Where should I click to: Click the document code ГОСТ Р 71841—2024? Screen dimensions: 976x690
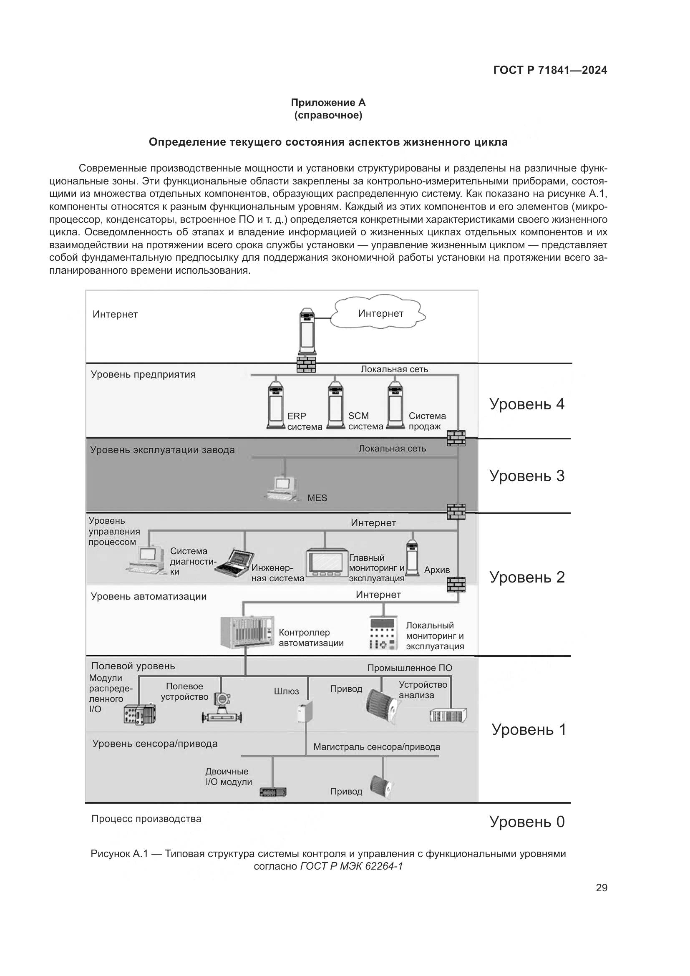(550, 71)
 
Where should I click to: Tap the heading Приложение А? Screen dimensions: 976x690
(328, 103)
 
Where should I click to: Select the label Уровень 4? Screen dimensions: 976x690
(526, 404)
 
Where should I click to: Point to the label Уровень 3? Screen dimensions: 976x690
(527, 476)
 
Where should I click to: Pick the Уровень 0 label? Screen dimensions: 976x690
(527, 822)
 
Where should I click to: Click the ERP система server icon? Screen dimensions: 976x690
(276, 406)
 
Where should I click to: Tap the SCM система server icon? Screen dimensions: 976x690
(336, 406)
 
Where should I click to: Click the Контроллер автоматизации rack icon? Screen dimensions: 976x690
(247, 632)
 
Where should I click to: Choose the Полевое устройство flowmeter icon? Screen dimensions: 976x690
(222, 709)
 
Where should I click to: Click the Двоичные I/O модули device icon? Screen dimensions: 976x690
(273, 792)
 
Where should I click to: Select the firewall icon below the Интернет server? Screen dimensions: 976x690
(306, 364)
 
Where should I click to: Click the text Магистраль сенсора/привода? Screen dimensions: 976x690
(376, 747)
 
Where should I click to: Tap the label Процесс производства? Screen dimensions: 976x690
(146, 819)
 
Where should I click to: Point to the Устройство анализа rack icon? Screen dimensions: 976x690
(448, 716)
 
